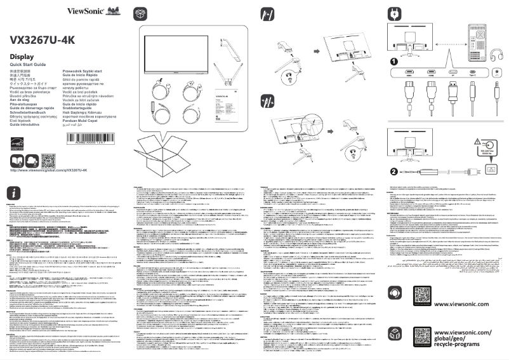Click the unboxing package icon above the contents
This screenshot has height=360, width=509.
point(141,13)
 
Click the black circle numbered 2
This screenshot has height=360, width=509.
point(393,170)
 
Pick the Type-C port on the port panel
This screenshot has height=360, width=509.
point(472,73)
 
